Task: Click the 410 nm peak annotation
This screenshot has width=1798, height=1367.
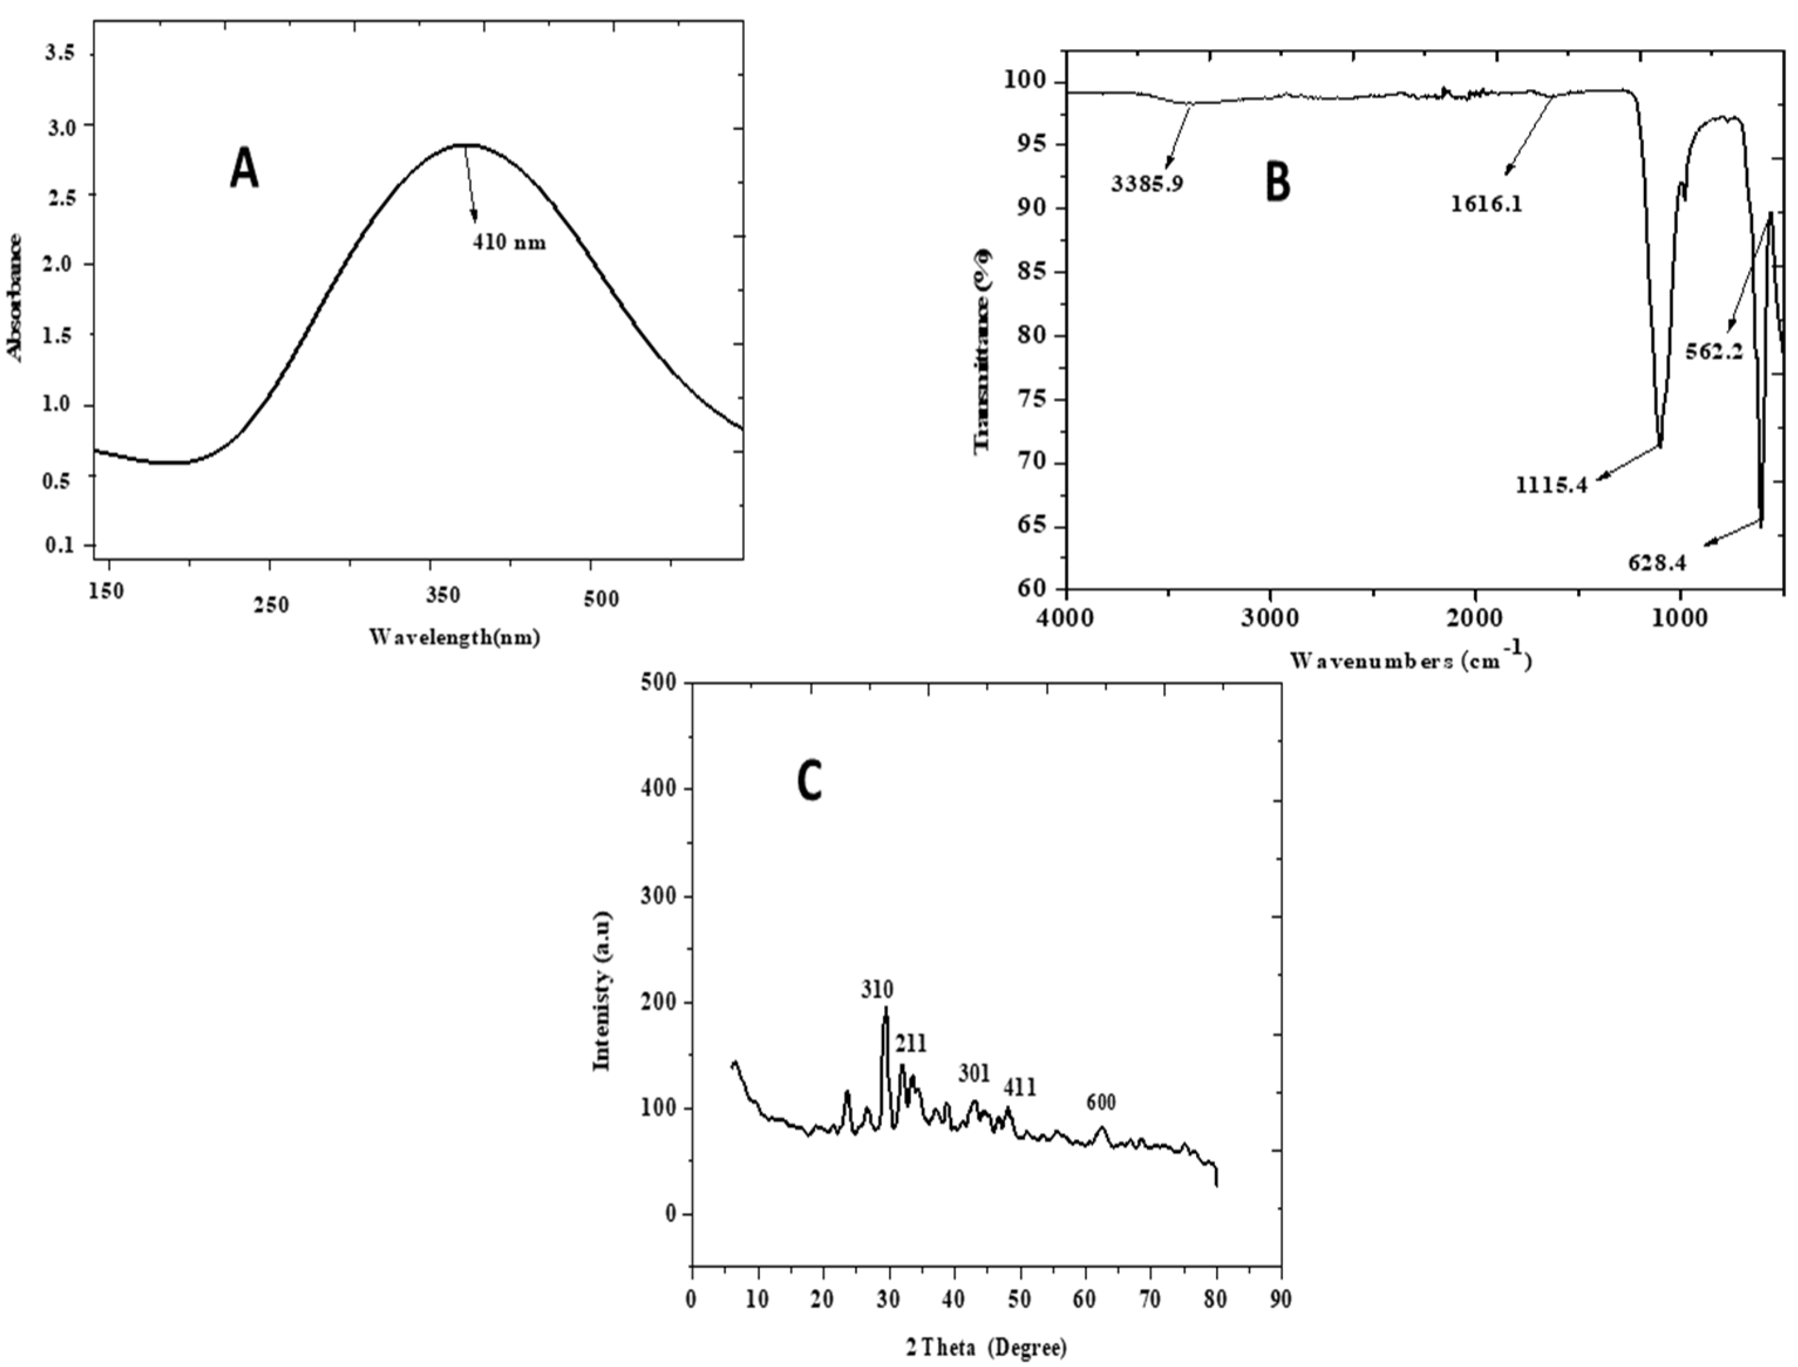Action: (x=509, y=243)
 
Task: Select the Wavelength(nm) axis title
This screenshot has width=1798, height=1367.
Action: (x=454, y=637)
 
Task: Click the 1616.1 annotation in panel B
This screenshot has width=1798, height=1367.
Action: (x=1486, y=203)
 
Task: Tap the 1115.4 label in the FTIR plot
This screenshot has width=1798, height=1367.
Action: (x=1551, y=486)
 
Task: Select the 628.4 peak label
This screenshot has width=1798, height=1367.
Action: (x=1657, y=563)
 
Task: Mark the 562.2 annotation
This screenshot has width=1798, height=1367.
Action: (x=1714, y=352)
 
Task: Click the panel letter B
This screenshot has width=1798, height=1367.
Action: (x=1278, y=182)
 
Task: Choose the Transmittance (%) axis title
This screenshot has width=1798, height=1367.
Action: (x=983, y=350)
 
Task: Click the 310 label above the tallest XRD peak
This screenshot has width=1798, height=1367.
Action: (x=877, y=990)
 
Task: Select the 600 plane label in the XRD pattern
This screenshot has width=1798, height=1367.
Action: (x=1101, y=1103)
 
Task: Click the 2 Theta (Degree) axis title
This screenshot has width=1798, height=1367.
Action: (x=986, y=1348)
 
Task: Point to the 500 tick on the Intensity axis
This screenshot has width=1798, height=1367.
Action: (x=659, y=683)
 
